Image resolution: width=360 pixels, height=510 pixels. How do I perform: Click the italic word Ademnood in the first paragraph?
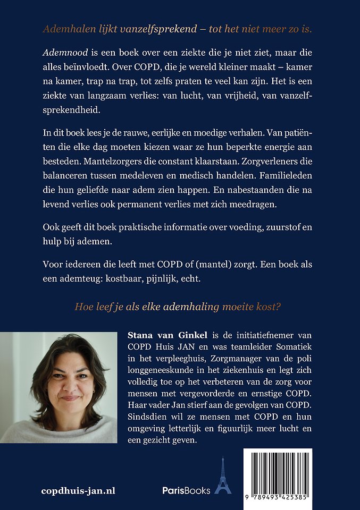[x=61, y=54]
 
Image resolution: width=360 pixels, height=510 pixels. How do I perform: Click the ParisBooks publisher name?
[x=186, y=490]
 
